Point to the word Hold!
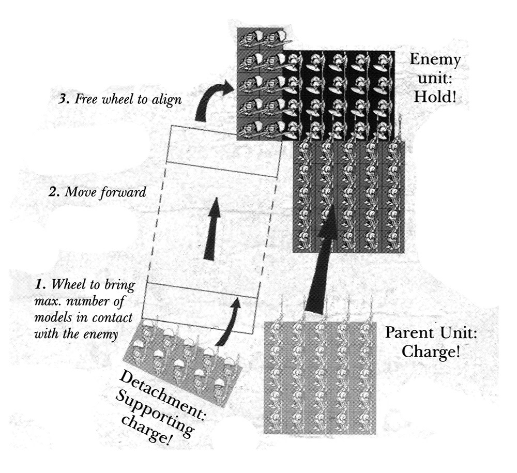point(435,97)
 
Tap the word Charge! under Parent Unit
point(430,352)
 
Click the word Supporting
point(154,413)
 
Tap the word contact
point(112,317)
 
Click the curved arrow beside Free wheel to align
point(208,99)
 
